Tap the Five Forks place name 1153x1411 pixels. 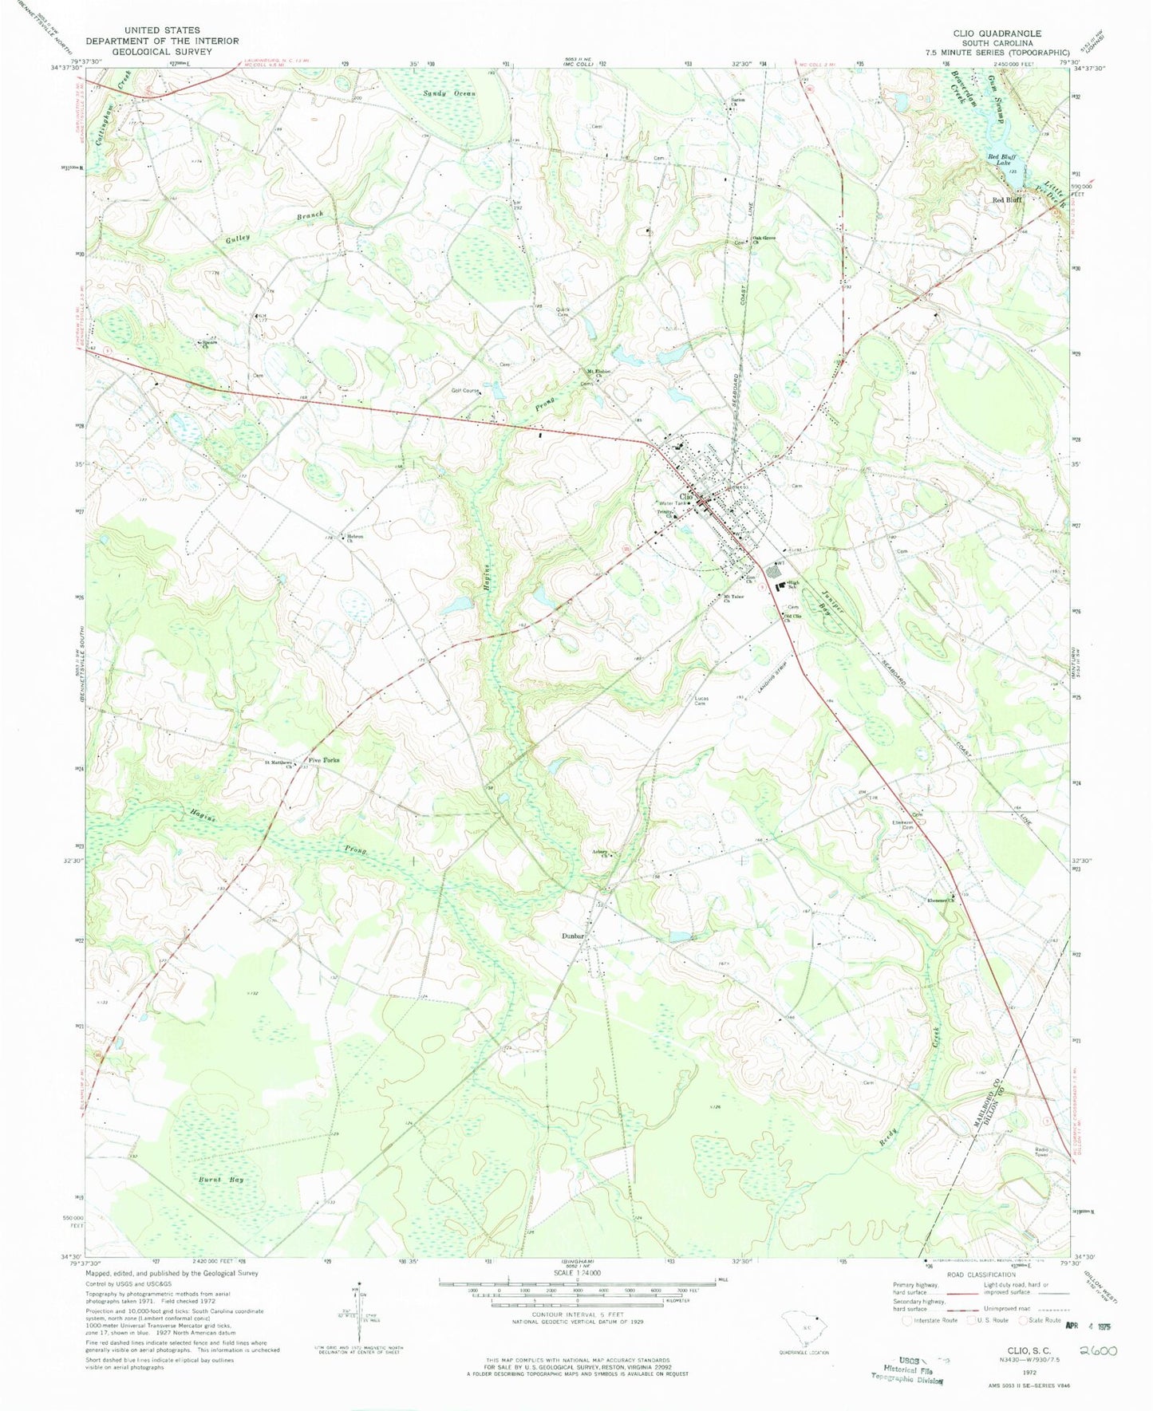click(x=324, y=760)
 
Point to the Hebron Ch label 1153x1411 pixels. click(x=355, y=538)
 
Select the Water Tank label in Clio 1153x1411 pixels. click(x=673, y=503)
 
